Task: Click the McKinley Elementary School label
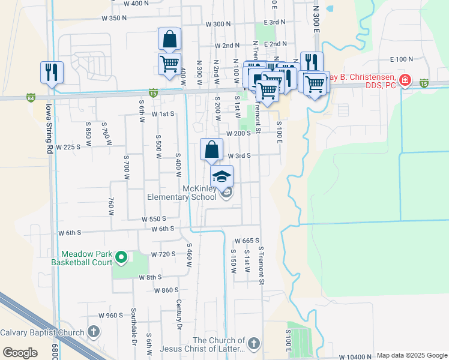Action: tap(182, 193)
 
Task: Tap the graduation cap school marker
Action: tap(221, 176)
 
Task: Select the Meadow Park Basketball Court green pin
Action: tap(121, 258)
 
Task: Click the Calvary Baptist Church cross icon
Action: tap(93, 332)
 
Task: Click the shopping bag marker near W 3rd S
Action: tap(211, 149)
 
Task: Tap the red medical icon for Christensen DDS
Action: tap(406, 80)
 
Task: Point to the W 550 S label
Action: tap(154, 219)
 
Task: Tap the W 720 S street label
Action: tap(163, 254)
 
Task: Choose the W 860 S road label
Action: tap(166, 290)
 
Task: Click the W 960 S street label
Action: tap(111, 315)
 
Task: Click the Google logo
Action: tap(20, 353)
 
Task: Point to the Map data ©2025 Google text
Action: tap(412, 355)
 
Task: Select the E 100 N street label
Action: tap(402, 59)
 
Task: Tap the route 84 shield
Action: tap(31, 97)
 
